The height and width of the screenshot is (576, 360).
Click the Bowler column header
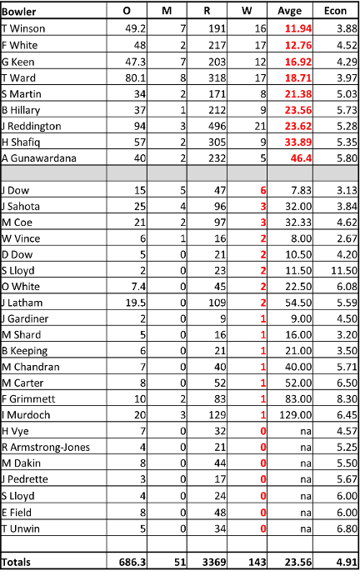(x=18, y=12)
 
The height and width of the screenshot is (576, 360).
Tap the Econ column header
(x=335, y=11)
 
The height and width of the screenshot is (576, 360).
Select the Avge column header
(x=289, y=12)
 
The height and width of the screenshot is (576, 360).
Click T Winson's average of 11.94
(x=298, y=28)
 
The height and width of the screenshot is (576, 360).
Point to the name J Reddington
(x=31, y=127)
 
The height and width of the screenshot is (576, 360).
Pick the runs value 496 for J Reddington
(x=217, y=127)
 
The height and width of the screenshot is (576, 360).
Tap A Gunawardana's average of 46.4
(x=301, y=158)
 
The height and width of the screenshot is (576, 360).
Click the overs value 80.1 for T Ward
(x=136, y=78)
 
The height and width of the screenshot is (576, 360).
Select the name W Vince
(x=21, y=238)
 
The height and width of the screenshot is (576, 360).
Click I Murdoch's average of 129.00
(x=295, y=415)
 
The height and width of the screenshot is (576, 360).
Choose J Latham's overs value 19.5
(x=136, y=303)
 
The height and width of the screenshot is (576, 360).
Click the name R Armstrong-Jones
(x=46, y=448)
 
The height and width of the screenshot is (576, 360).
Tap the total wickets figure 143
(x=257, y=563)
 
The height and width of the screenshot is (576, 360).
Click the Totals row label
(x=16, y=563)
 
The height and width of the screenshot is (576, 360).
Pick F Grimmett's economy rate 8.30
(x=347, y=399)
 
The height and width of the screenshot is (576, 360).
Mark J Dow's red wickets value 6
(x=263, y=191)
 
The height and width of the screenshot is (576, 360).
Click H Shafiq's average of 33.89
(x=298, y=143)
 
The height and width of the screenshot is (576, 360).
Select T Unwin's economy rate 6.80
(x=347, y=529)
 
